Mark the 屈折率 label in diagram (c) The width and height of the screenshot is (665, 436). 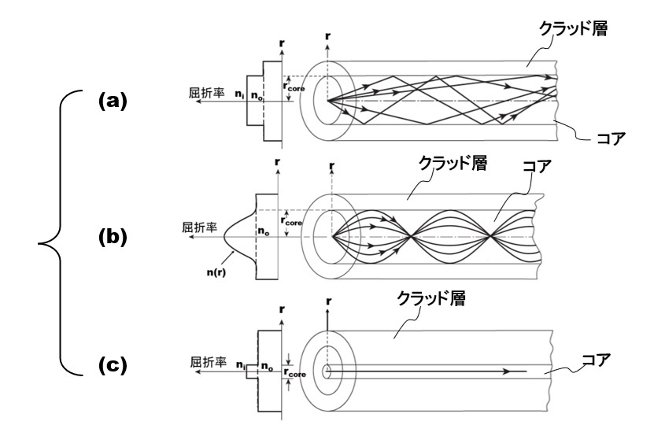(x=208, y=364)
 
